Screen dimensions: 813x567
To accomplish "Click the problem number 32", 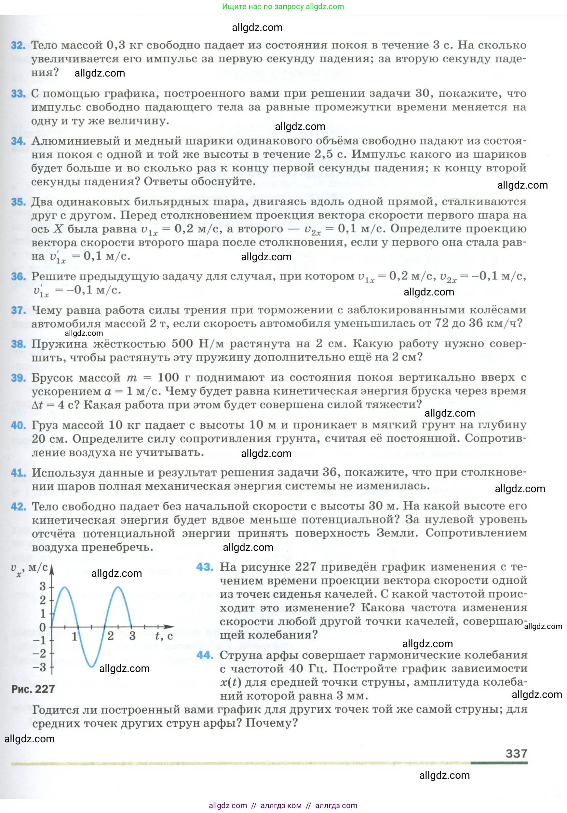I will (x=18, y=46).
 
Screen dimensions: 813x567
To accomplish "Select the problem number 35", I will (x=18, y=202).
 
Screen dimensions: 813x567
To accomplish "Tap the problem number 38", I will (x=18, y=344).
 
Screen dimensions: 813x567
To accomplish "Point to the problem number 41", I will (x=18, y=473).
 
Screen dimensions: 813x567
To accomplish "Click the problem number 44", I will (x=205, y=655).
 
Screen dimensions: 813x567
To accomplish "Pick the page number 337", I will (x=516, y=753).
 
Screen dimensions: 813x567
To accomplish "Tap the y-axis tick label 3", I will (x=43, y=586).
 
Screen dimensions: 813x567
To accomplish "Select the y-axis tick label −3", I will (x=40, y=667).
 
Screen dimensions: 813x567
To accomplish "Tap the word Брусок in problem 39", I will (x=52, y=378).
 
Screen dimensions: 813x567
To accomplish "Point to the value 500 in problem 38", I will (x=182, y=343).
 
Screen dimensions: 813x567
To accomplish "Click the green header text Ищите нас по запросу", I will (x=263, y=7).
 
